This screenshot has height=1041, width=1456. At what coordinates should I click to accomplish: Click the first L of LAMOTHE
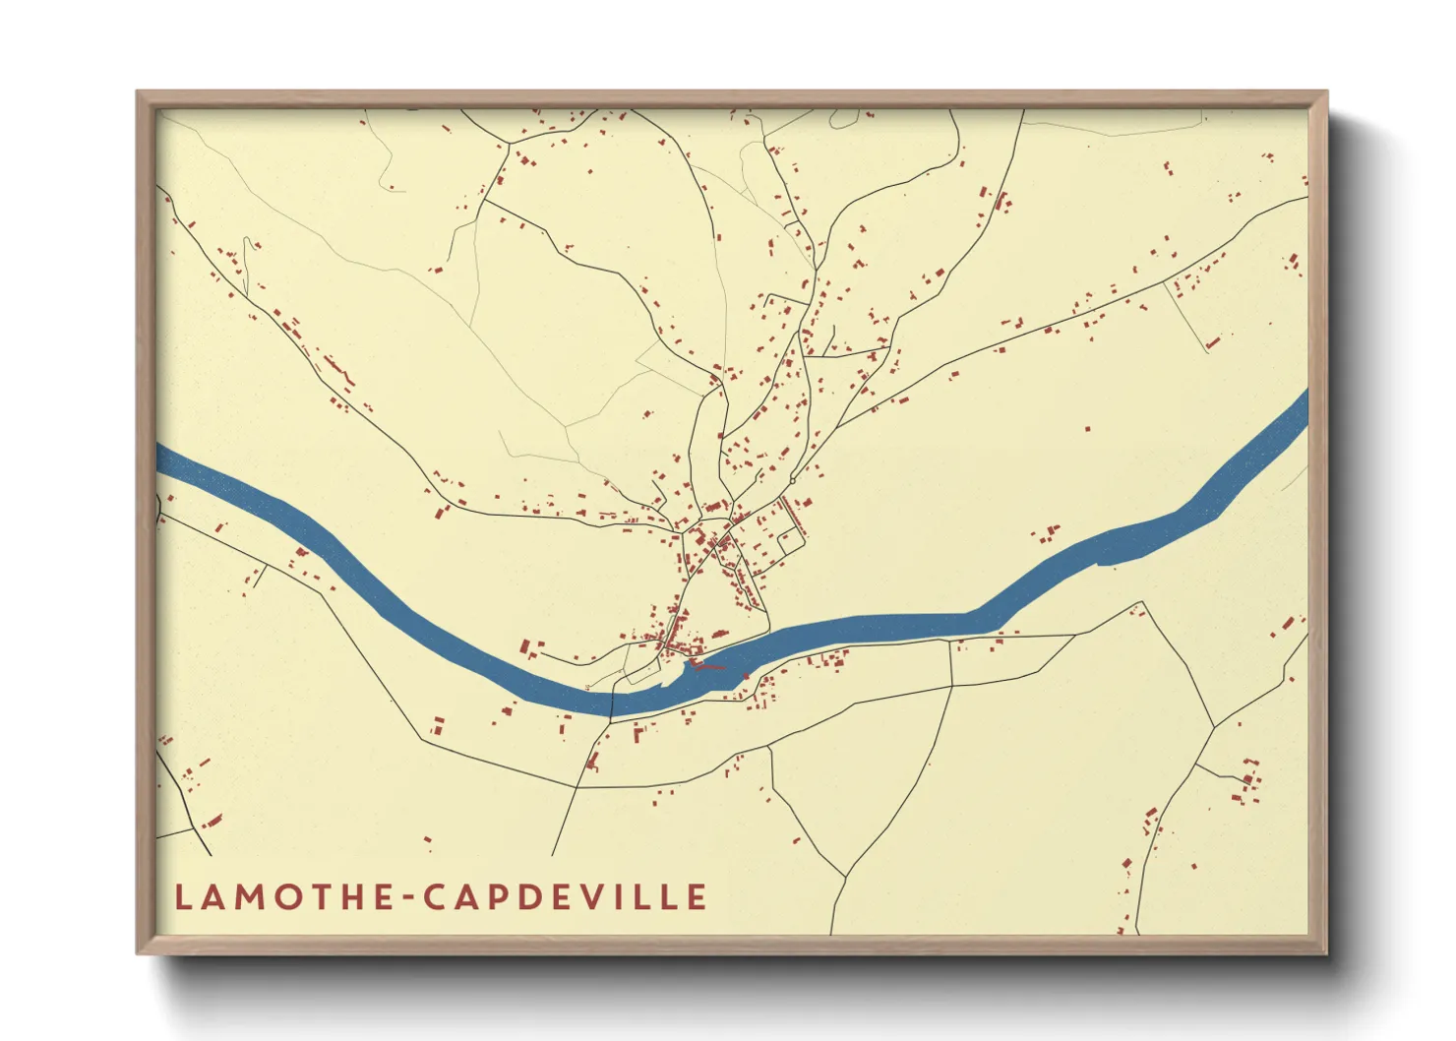click(181, 897)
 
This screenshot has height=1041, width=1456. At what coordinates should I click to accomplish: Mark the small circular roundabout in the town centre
click(793, 480)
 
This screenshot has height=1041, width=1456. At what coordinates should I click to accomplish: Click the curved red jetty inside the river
click(706, 667)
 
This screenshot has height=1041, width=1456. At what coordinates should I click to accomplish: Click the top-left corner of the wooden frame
click(138, 92)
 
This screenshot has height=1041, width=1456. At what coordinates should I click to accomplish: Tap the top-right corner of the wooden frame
click(1326, 92)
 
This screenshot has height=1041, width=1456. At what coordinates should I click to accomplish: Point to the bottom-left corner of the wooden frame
click(138, 952)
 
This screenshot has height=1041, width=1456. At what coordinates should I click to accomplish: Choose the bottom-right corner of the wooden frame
click(1326, 952)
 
